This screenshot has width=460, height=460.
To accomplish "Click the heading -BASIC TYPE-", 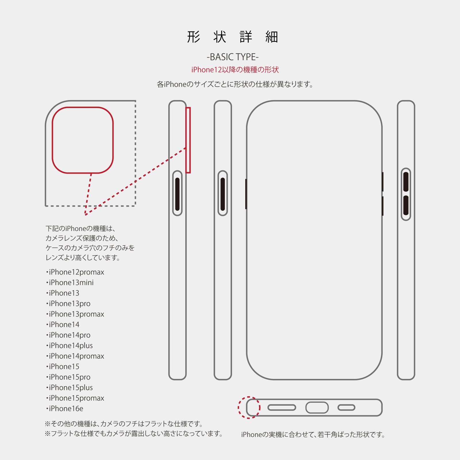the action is (x=233, y=57).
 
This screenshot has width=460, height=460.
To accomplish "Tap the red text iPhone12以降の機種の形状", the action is (x=235, y=70).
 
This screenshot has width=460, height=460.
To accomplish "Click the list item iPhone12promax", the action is (x=75, y=272).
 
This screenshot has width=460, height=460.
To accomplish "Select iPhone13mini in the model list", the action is (x=70, y=282).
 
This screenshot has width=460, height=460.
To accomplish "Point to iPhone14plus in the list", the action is (x=69, y=345).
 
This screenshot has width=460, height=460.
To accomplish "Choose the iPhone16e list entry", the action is (x=65, y=408).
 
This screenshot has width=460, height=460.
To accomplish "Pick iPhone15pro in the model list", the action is (x=68, y=377).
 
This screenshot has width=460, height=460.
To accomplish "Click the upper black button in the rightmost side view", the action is (x=406, y=182).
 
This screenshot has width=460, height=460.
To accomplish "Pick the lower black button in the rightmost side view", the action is (x=406, y=205).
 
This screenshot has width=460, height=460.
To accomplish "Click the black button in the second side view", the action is (x=223, y=194).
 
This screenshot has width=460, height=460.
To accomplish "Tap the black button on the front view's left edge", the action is (x=246, y=194).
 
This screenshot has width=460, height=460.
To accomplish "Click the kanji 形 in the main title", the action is (x=193, y=37).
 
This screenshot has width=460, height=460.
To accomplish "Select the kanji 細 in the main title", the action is (x=272, y=37).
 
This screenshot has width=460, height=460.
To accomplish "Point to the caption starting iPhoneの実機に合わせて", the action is (x=313, y=434).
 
